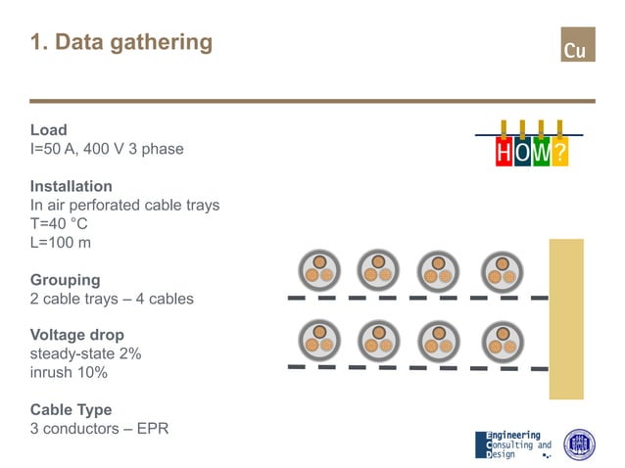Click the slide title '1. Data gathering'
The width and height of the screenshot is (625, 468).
(120, 42)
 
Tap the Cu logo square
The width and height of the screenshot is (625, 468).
(577, 45)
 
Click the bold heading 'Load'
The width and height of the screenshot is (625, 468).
(49, 129)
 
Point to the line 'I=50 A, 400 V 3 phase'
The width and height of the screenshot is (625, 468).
(107, 149)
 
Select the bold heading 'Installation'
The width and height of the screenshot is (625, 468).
(72, 186)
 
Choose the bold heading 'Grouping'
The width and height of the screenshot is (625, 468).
(65, 279)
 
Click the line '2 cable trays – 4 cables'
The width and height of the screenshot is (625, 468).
(112, 298)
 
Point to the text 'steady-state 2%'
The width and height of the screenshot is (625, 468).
(86, 353)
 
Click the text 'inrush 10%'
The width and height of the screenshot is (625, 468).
(69, 372)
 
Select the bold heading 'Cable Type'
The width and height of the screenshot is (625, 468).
(71, 409)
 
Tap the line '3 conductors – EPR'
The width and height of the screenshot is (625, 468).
(100, 429)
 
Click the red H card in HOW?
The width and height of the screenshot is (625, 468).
(504, 153)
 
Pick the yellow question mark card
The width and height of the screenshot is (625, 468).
(559, 153)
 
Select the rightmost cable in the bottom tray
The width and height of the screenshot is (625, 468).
(501, 341)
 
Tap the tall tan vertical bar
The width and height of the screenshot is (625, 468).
(565, 318)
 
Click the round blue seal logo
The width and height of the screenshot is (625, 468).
(579, 445)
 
